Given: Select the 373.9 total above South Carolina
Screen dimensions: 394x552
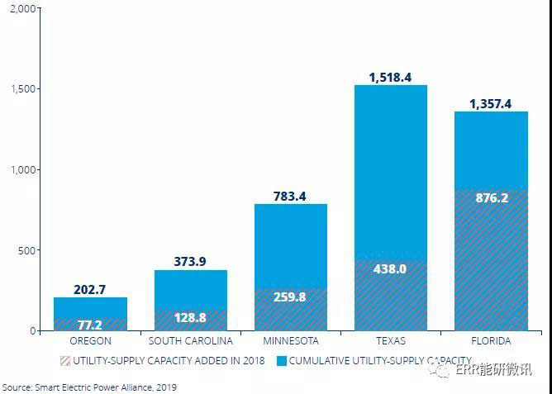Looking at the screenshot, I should (190, 261).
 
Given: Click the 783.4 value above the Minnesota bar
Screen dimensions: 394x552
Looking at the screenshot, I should (290, 196).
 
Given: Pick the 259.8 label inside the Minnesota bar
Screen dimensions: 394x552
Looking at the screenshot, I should (290, 297).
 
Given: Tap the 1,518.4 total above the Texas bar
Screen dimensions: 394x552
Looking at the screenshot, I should (390, 77).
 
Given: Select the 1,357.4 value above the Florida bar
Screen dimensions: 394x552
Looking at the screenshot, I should (491, 103).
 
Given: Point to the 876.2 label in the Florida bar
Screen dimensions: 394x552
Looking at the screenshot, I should (491, 198).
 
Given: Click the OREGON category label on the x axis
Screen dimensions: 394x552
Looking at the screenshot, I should (90, 340).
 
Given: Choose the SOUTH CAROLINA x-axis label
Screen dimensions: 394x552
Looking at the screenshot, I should (190, 340).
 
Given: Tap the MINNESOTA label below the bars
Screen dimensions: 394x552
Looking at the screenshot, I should (290, 340).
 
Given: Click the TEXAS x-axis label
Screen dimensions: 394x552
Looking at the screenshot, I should (390, 340).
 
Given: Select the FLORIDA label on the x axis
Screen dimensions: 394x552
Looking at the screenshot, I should (491, 340).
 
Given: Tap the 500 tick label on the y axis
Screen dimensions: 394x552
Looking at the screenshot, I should (30, 250).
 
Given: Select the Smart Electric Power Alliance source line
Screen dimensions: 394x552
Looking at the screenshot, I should (88, 387).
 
